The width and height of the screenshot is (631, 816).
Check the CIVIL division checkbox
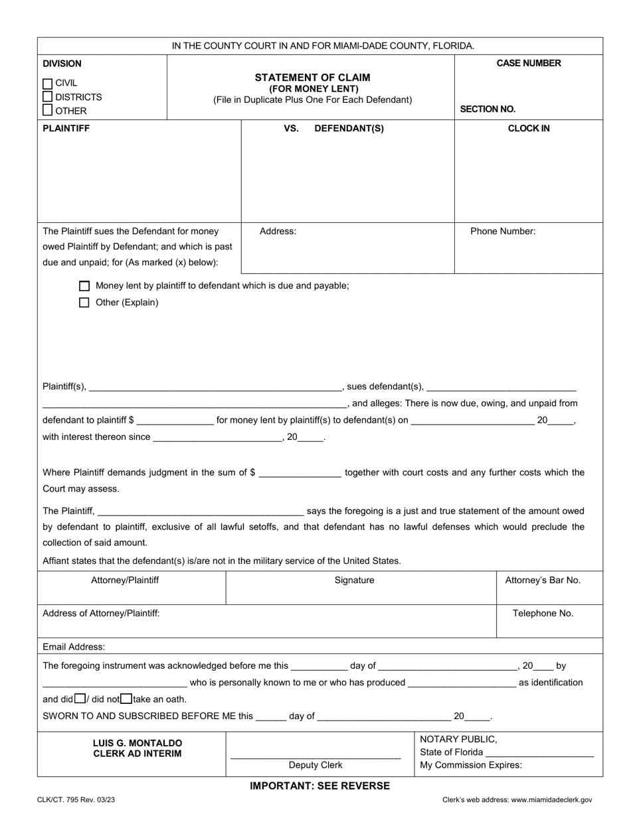47,84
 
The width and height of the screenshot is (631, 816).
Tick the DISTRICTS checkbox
47,97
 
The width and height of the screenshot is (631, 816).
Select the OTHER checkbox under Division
47,111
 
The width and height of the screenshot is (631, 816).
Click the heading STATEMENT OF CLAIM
312,78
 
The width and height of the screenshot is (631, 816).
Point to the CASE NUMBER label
529,64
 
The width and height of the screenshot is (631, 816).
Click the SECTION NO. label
488,109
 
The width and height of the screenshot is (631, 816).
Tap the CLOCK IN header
529,129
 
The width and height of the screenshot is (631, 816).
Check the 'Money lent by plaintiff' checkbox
84,286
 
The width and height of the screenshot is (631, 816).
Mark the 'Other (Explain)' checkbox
84,303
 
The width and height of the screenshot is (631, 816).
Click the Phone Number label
503,232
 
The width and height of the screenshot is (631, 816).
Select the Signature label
354,580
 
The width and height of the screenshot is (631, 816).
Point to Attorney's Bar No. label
543,580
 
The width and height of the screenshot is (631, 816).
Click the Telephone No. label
543,614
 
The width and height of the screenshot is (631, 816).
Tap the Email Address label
74,647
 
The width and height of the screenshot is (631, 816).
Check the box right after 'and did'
80,699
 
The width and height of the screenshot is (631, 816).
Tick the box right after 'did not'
126,699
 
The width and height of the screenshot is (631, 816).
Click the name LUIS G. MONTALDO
137,743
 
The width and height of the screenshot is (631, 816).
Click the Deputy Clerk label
315,765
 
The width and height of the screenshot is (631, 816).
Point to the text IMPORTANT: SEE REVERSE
319,786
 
